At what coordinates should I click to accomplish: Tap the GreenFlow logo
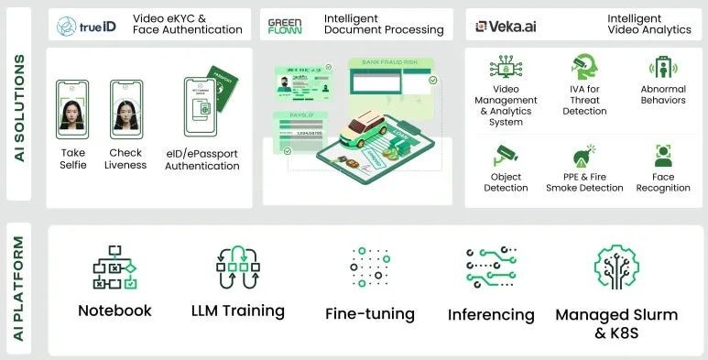pos(285,25)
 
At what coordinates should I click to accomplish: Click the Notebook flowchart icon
pos(114,267)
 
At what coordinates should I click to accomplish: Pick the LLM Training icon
pos(237,267)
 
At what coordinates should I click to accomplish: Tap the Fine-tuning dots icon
pos(370,267)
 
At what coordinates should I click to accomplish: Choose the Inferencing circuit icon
pos(491,267)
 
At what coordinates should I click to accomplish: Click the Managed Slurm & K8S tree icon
pos(615,267)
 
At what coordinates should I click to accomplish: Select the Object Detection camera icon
pos(506,156)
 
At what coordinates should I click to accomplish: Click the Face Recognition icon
pos(663,156)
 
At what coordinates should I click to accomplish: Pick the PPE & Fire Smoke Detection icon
pos(584,156)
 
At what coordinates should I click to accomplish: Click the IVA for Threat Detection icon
pos(584,69)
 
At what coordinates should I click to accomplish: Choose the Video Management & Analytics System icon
pos(506,69)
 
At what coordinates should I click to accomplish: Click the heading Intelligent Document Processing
pos(384,25)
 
